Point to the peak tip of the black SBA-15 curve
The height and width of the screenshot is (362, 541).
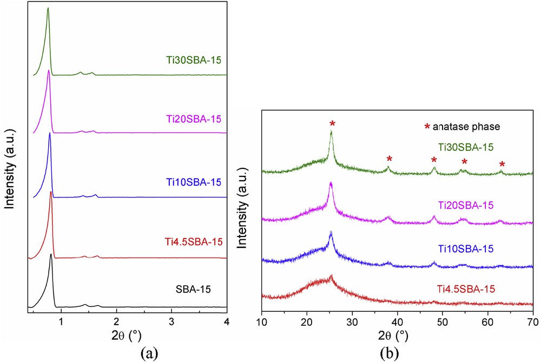click(x=51, y=254)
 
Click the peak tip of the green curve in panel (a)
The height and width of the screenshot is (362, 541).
click(x=48, y=8)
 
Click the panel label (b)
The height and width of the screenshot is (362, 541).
click(x=391, y=352)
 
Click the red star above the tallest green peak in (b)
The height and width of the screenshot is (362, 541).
click(x=332, y=124)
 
